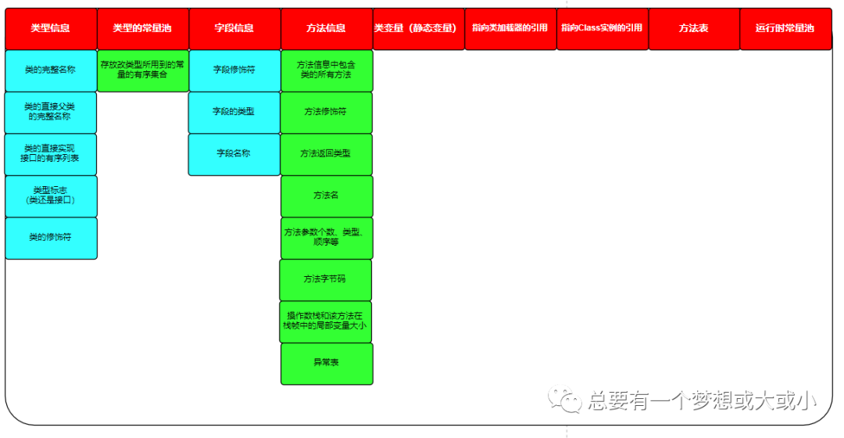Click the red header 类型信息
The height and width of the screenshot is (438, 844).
click(x=51, y=28)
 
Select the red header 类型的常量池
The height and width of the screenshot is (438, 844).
click(x=142, y=28)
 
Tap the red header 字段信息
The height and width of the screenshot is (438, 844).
click(x=234, y=28)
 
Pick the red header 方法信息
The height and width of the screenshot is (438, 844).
click(x=326, y=28)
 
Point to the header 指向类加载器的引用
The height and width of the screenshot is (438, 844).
click(x=510, y=28)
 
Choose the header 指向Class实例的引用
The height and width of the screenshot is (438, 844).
click(x=602, y=28)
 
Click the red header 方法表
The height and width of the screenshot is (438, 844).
click(x=693, y=28)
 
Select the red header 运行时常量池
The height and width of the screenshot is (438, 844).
click(x=785, y=28)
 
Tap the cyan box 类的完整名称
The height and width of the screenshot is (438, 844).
click(x=51, y=70)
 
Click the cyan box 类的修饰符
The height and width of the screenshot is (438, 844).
click(x=51, y=237)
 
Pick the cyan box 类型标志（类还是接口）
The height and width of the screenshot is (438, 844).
click(x=51, y=196)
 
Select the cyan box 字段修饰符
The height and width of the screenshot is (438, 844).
click(x=234, y=70)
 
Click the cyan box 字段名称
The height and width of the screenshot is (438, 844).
click(x=234, y=153)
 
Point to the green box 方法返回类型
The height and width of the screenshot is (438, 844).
click(x=326, y=153)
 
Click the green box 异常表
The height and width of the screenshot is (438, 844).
click(x=326, y=363)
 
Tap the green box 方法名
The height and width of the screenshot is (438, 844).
click(x=326, y=196)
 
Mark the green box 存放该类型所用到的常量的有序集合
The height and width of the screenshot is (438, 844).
click(x=143, y=70)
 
